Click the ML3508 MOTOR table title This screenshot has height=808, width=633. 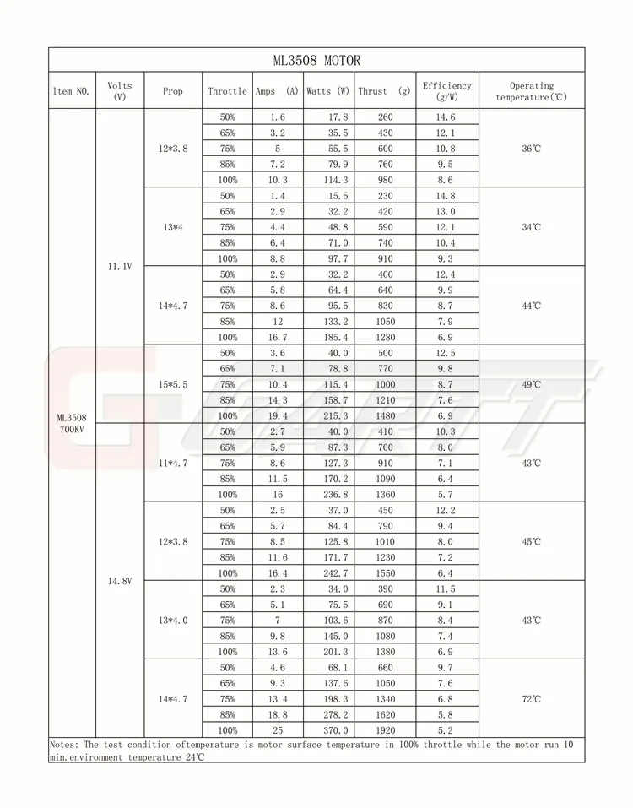click(x=316, y=60)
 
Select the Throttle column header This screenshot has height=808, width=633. click(x=228, y=91)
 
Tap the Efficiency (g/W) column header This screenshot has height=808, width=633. click(x=447, y=91)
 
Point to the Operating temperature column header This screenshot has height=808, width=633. click(x=532, y=91)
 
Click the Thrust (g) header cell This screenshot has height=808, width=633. click(x=383, y=91)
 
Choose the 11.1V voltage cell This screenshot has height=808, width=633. click(x=121, y=267)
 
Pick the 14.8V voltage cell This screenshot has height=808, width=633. click(x=121, y=581)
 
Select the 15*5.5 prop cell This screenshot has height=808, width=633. click(x=173, y=384)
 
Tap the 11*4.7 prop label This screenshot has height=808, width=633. click(x=173, y=463)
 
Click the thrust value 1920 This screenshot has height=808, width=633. click(x=385, y=730)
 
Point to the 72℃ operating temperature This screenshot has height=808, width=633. click(x=532, y=699)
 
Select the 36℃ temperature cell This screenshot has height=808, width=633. click(x=532, y=149)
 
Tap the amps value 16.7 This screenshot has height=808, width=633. click(x=277, y=337)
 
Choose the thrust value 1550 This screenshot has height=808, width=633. click(x=385, y=573)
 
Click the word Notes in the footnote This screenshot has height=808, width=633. click(x=64, y=745)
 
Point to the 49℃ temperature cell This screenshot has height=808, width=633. click(x=532, y=384)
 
